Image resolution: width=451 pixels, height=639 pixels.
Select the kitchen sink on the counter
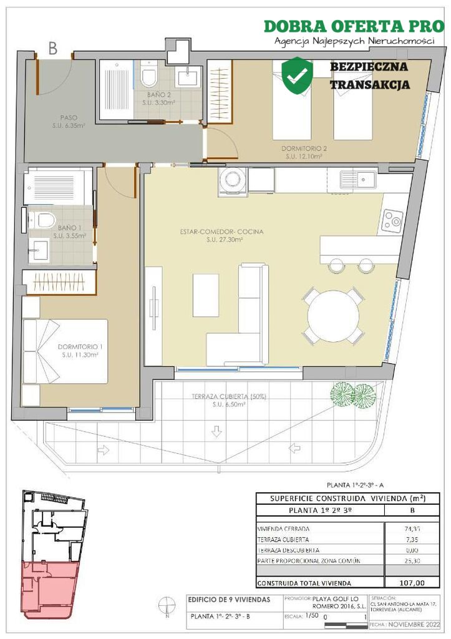click(x=357, y=180)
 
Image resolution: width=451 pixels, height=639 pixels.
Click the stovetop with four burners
click(x=393, y=220)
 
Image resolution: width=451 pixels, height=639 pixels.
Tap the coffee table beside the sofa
click(x=205, y=295)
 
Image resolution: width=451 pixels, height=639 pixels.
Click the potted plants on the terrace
click(x=352, y=394)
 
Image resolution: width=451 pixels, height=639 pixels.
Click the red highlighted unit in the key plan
click(x=49, y=587)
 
